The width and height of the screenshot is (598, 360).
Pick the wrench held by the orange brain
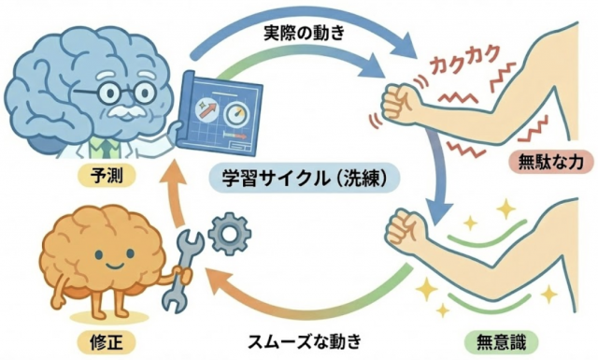point(179,271)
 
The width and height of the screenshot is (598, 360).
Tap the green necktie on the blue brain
point(108,145)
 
